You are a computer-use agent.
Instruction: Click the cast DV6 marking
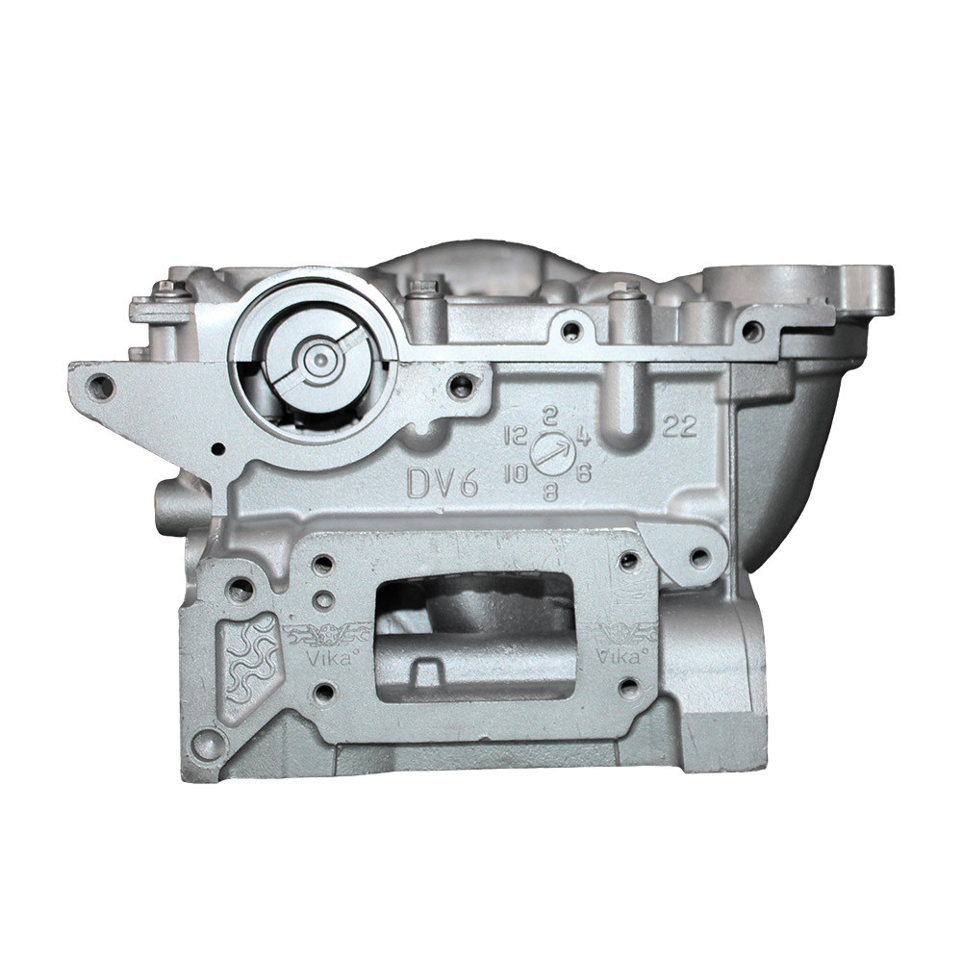pos(442,483)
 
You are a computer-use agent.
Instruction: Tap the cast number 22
pos(680,426)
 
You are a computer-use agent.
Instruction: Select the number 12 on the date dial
pos(516,436)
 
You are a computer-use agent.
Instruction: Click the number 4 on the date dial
pos(583,436)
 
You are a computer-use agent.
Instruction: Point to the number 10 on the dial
pos(517,473)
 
